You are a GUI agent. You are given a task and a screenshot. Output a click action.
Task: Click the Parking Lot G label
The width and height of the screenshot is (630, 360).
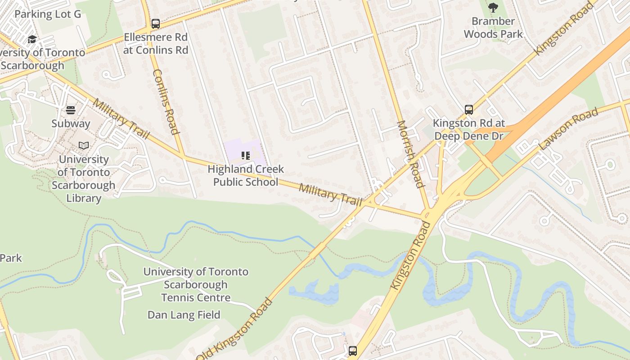point(48,14)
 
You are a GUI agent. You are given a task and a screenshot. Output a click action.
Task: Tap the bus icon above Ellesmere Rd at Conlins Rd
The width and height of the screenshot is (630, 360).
point(156,24)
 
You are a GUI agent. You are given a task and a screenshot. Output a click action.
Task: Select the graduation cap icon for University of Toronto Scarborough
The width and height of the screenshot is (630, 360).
point(32,40)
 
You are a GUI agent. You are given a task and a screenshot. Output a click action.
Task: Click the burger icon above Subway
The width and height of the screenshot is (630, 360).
point(71,110)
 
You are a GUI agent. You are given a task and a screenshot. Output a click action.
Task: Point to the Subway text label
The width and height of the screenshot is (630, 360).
point(71,123)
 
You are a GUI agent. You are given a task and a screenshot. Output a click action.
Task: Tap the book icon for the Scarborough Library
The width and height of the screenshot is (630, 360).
point(84,145)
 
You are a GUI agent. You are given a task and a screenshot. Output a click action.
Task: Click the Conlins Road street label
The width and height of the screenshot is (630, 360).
point(166,102)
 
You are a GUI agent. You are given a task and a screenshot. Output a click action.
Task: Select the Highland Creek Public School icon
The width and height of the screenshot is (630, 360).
point(246,156)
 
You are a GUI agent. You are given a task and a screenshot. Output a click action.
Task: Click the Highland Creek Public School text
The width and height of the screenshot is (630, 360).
point(246,175)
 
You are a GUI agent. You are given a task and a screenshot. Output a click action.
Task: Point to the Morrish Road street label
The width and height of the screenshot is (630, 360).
point(410,154)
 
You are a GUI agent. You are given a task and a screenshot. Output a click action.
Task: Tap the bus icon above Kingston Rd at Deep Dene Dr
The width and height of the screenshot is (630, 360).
point(469,110)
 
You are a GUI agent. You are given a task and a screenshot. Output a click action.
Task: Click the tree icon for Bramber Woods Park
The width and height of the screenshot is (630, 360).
point(493,8)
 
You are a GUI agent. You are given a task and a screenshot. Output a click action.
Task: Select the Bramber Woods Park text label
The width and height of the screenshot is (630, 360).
point(493,27)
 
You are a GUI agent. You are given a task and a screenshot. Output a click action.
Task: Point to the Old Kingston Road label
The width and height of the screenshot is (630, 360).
point(234,330)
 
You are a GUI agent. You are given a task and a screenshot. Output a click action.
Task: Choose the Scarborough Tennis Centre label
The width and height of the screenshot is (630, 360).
point(196,284)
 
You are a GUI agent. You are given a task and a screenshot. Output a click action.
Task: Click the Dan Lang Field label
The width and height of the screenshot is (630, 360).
point(184,315)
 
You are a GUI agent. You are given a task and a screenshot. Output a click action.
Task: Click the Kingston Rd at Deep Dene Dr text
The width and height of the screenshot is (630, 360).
point(469,130)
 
